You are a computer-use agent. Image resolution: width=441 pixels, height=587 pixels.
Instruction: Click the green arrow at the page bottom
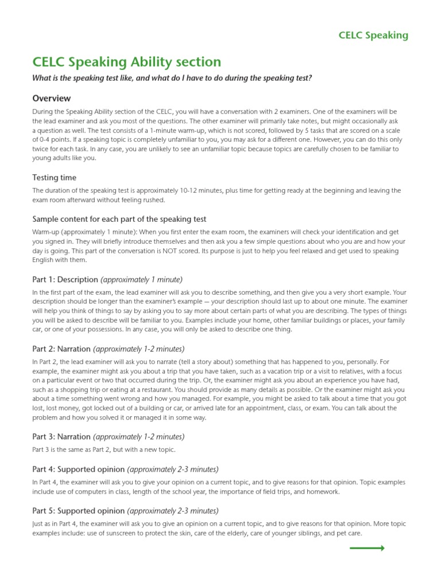click(x=367, y=548)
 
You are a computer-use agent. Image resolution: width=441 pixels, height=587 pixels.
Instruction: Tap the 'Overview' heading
click(x=52, y=99)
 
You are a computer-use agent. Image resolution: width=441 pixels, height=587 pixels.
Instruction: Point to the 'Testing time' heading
click(x=54, y=178)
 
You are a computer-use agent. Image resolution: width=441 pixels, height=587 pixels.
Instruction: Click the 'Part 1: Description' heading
click(x=65, y=279)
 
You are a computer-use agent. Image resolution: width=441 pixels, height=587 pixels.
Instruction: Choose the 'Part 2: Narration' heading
click(x=62, y=349)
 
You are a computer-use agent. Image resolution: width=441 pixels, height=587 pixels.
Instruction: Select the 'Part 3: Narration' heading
click(x=62, y=436)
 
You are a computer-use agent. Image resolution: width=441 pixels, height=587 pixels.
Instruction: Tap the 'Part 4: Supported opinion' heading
click(x=78, y=469)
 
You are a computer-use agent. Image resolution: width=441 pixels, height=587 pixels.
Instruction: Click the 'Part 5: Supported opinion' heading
click(x=78, y=511)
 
